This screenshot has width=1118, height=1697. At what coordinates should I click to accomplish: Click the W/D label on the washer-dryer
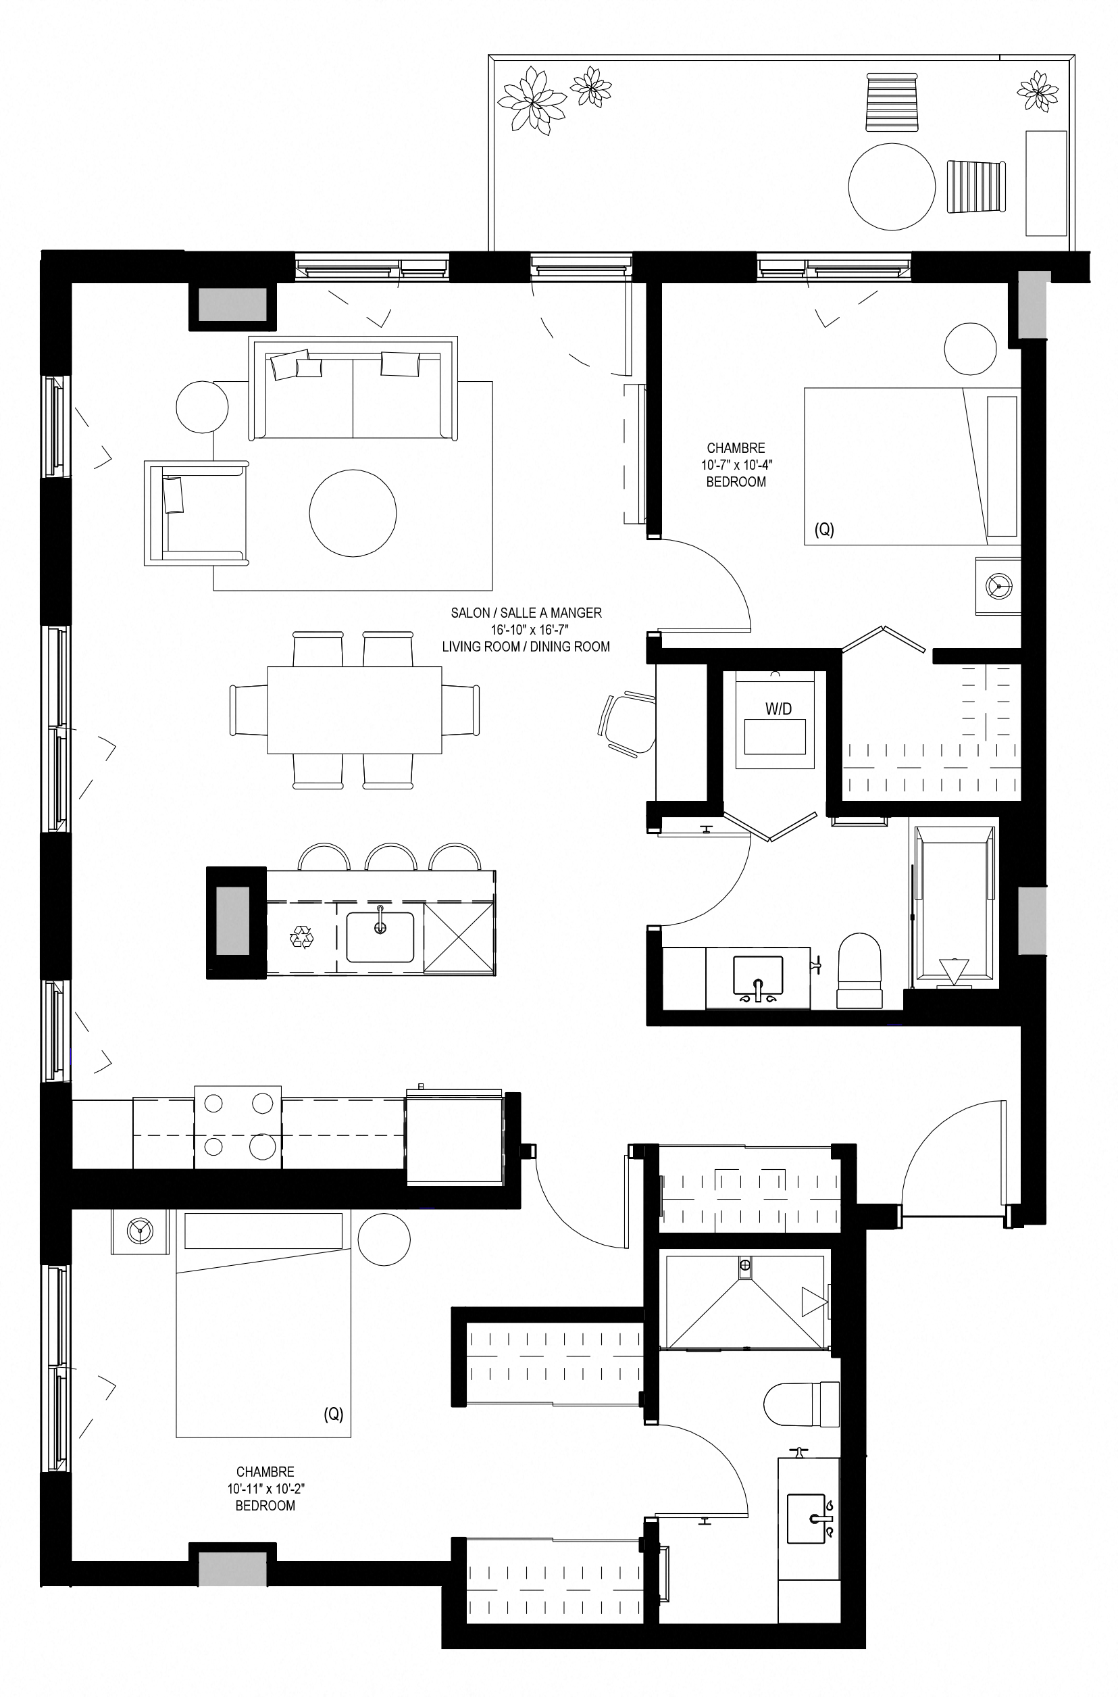[x=778, y=709]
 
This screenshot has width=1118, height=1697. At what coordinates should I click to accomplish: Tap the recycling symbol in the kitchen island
[x=301, y=937]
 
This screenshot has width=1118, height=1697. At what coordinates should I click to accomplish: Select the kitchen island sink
[x=380, y=937]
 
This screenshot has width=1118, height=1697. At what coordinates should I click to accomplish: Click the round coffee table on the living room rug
[x=353, y=512]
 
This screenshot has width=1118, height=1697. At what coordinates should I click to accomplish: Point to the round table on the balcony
[x=891, y=187]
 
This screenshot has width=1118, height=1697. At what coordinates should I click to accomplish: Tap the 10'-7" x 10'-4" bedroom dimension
[x=736, y=465]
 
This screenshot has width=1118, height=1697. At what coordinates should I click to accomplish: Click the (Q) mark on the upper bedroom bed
[x=824, y=530]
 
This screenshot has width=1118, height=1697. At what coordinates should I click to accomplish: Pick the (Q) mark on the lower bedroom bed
[x=334, y=1414]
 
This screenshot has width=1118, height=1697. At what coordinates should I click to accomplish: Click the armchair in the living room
[x=197, y=513]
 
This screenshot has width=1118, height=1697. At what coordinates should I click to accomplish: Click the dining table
[x=355, y=710]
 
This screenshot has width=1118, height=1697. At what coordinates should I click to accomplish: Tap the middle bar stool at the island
[x=390, y=857]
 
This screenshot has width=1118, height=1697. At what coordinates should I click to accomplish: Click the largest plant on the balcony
[x=532, y=99]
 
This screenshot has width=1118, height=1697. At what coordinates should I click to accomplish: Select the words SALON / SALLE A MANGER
[x=526, y=613]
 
